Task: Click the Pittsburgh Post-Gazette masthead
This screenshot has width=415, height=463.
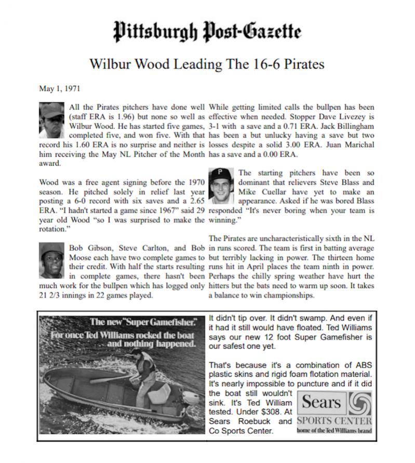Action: (x=207, y=33)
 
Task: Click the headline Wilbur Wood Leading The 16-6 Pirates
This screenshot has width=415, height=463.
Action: (x=207, y=64)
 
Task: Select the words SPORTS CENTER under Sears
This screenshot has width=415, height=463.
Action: (x=334, y=420)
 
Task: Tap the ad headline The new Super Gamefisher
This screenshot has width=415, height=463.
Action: (x=143, y=320)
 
